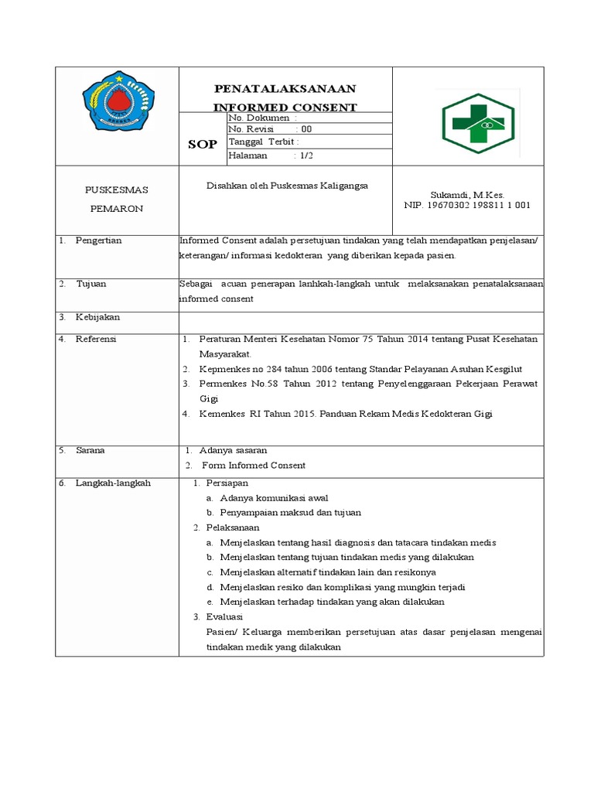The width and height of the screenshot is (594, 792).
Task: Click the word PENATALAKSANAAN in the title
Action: point(285,90)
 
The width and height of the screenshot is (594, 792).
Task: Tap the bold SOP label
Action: point(203,145)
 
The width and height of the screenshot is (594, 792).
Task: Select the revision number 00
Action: point(306,129)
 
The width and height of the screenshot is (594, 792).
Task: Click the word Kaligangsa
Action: point(341,186)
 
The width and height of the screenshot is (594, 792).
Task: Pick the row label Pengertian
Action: point(99,241)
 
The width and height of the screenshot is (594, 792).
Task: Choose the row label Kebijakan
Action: point(97,317)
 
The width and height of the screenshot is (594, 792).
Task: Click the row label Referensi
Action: point(97,339)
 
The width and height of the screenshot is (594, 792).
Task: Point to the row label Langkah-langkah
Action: point(113,483)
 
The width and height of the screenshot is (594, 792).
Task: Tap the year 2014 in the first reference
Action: point(429,340)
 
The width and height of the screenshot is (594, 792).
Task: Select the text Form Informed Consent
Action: point(254,466)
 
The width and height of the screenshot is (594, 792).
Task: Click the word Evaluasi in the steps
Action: point(224,616)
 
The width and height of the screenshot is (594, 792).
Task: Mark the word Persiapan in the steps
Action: point(227,483)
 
